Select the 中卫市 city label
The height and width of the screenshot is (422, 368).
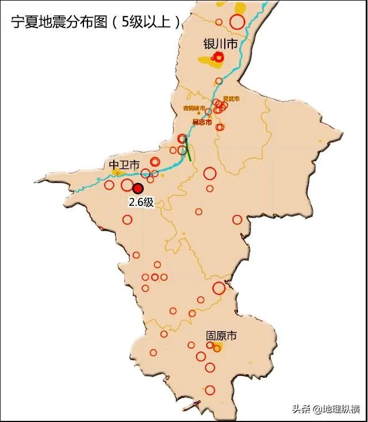click(124, 165)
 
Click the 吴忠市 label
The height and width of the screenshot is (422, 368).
click(202, 122)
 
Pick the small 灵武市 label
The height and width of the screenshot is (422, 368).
click(231, 99)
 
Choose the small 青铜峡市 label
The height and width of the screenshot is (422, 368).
click(194, 108)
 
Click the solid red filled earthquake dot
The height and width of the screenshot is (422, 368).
click(138, 188)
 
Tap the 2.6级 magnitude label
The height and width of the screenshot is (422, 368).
click(141, 202)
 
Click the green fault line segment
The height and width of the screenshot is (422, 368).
click(187, 147)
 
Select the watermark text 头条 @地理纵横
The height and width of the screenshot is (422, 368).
click(325, 409)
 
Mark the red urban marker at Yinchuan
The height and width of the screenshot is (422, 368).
click(219, 57)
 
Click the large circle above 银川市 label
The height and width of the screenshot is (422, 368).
click(237, 22)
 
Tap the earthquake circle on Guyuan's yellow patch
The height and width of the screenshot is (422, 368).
click(217, 348)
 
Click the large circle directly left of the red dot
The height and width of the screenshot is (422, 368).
click(128, 185)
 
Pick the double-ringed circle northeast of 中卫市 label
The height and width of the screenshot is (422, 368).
click(155, 162)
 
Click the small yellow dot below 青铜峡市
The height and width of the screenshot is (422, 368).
click(194, 116)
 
